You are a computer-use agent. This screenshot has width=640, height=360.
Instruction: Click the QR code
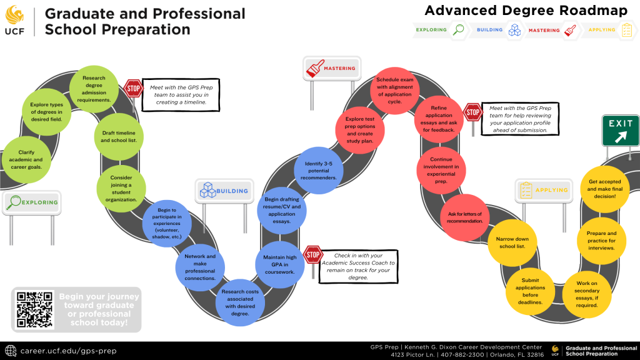tap(34, 309)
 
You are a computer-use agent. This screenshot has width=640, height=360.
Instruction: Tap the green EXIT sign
tap(620, 130)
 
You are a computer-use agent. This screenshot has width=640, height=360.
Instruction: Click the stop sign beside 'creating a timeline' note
tap(132, 89)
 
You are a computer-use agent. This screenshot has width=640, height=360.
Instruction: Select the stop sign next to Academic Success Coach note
tap(312, 255)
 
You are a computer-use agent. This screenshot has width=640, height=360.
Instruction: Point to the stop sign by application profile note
tap(472, 113)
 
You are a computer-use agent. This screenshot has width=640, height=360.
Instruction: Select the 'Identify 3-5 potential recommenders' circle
tap(319, 170)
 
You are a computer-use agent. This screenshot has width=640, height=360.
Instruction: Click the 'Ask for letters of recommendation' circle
tap(465, 217)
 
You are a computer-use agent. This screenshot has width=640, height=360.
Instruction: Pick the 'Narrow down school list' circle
tap(512, 242)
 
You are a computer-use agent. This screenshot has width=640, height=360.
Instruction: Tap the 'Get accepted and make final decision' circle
tap(601, 188)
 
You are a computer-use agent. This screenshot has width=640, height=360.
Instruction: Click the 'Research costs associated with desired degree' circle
tap(240, 302)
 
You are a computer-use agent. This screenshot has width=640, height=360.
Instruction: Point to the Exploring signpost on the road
tap(31, 202)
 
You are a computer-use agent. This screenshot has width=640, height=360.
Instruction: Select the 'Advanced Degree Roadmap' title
tap(526, 11)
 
